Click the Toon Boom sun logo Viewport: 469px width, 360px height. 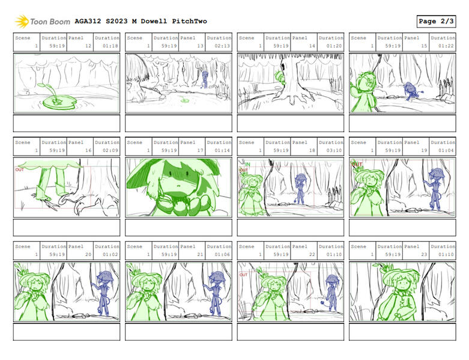coord(22,22)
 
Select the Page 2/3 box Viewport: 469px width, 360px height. coord(435,21)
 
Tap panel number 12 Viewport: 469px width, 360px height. coord(88,46)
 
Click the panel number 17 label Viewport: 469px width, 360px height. coord(201,150)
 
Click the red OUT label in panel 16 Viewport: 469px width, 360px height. coord(19,170)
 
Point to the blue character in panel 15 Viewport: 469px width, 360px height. coord(413,91)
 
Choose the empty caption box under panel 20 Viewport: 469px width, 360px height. coord(66,331)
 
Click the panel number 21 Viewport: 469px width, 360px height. coord(201,254)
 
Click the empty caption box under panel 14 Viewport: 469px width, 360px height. coord(290,123)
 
